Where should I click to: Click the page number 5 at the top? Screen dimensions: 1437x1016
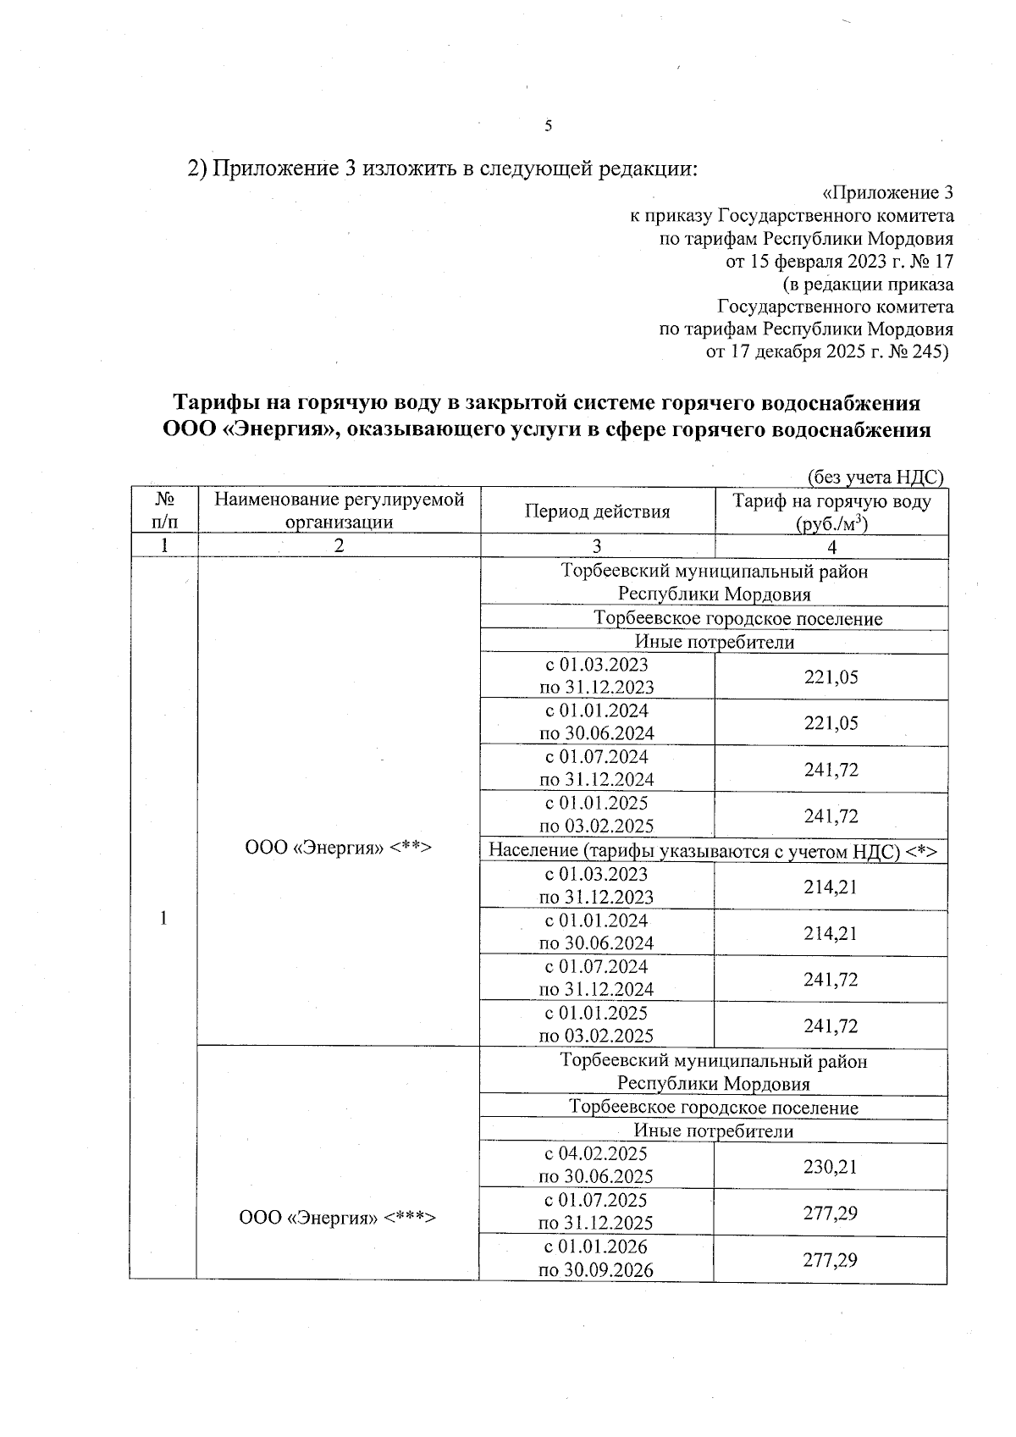(548, 126)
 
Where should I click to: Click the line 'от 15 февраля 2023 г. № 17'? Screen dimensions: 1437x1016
(840, 261)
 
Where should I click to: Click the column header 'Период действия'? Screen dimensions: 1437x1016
(597, 511)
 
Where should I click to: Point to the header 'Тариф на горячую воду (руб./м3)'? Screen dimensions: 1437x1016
(831, 511)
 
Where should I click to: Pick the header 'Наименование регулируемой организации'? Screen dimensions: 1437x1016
(339, 511)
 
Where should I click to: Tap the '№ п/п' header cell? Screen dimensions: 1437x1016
(163, 511)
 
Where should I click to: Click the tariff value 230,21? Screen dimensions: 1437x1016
(831, 1166)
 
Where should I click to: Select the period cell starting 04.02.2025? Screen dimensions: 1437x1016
(596, 1164)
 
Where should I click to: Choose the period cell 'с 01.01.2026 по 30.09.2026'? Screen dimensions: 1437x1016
(596, 1258)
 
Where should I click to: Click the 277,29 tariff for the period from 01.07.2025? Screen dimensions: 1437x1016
(831, 1213)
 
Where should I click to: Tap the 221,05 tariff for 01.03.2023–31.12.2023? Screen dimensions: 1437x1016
(831, 677)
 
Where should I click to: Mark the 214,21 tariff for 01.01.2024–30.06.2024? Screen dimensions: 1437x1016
(831, 933)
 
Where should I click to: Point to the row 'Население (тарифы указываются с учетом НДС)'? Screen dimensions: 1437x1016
(713, 851)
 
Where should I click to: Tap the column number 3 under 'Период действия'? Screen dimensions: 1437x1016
(597, 546)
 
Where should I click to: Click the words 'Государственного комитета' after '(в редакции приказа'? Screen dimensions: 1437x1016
(836, 307)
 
